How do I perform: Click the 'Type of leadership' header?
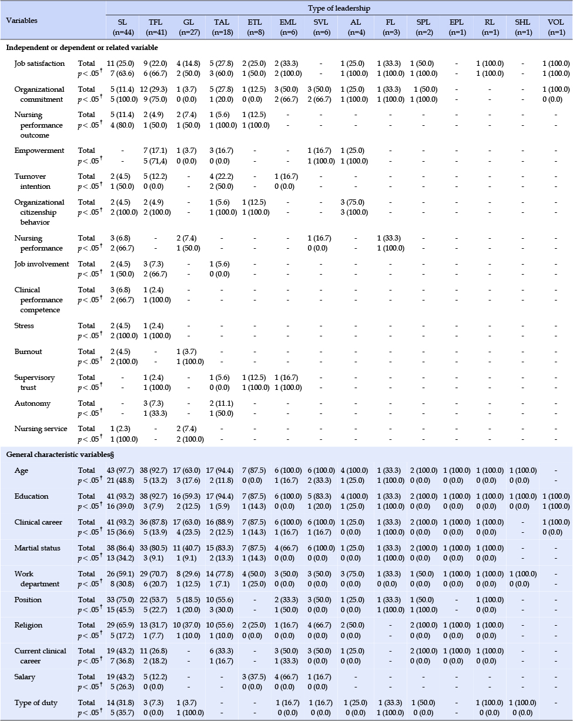[x=339, y=8]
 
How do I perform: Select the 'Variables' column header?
[x=22, y=21]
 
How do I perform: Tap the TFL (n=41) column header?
[x=155, y=27]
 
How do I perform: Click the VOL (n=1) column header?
[x=555, y=27]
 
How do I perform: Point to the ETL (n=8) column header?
[x=255, y=27]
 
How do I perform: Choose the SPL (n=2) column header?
[x=424, y=27]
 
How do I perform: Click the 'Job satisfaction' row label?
[x=39, y=64]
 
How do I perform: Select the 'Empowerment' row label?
[x=39, y=151]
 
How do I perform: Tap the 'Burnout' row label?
[x=28, y=352]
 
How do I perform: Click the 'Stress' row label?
[x=24, y=326]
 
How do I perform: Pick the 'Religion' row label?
[x=28, y=625]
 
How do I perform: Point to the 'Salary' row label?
[x=25, y=677]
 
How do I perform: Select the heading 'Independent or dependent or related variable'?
[x=82, y=48]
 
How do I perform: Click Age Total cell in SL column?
[x=120, y=470]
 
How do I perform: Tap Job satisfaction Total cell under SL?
[x=120, y=64]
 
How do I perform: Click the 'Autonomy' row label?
[x=32, y=403]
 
